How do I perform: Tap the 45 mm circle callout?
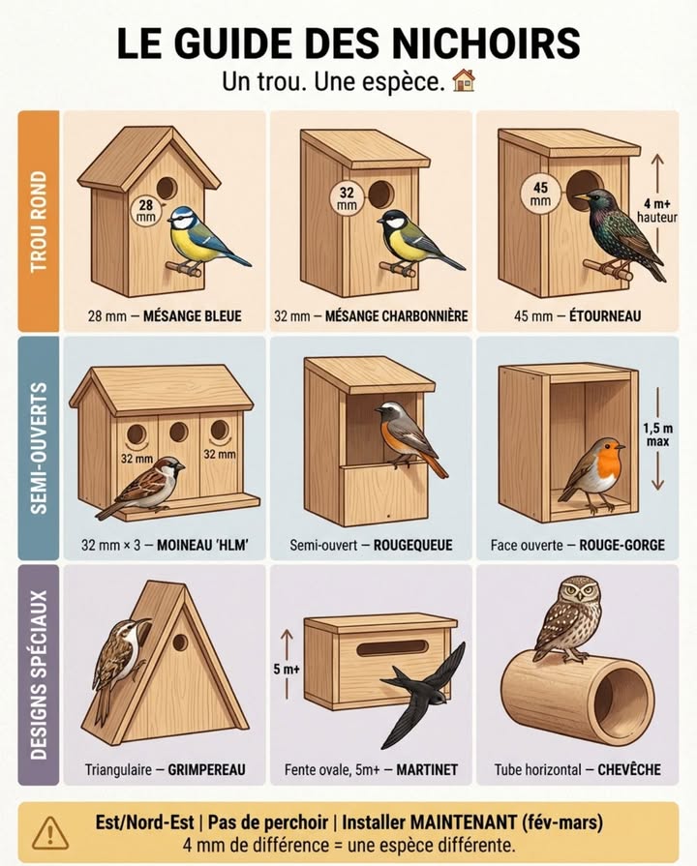pos(540,194)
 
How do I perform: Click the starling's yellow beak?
pos(581,196)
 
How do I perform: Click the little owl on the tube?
pos(570,619)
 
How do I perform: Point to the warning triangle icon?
pos(50,833)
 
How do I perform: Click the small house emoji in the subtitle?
pos(464,80)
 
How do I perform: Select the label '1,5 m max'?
pos(657,434)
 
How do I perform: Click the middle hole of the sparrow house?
pos(178,432)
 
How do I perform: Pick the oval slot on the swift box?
pos(392,648)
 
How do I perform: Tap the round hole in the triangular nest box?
pos(180,642)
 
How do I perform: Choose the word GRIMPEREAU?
pos(206,770)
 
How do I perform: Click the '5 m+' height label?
pos(287,670)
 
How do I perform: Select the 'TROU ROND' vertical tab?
pos(39,221)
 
